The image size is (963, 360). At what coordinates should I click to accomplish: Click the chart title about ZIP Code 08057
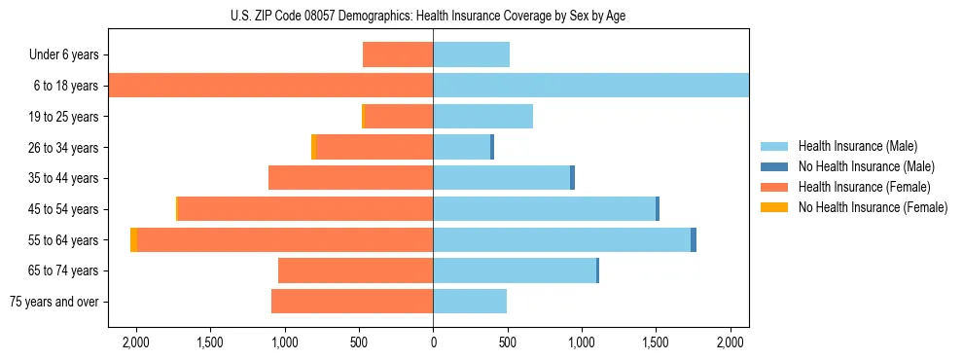click(x=433, y=16)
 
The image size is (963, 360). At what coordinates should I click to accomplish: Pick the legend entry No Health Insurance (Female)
click(x=873, y=207)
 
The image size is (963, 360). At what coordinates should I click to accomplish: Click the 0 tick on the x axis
click(x=433, y=342)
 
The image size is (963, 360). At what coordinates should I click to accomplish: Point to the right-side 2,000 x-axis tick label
click(x=730, y=342)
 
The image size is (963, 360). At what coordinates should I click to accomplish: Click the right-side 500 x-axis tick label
click(x=507, y=342)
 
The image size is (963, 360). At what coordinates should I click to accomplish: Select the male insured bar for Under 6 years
click(x=471, y=54)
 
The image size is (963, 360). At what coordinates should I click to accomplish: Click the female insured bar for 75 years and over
click(x=352, y=302)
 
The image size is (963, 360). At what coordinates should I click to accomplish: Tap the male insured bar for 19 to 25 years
click(x=482, y=117)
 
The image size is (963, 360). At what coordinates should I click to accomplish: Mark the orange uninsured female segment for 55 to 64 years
click(x=133, y=239)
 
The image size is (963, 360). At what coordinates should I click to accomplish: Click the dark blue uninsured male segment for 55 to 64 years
click(x=694, y=239)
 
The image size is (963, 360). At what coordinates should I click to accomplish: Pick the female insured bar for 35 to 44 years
click(x=350, y=178)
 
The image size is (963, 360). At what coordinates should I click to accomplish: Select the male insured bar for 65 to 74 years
click(x=514, y=270)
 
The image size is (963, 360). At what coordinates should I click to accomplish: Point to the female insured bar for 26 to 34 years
click(x=374, y=147)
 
